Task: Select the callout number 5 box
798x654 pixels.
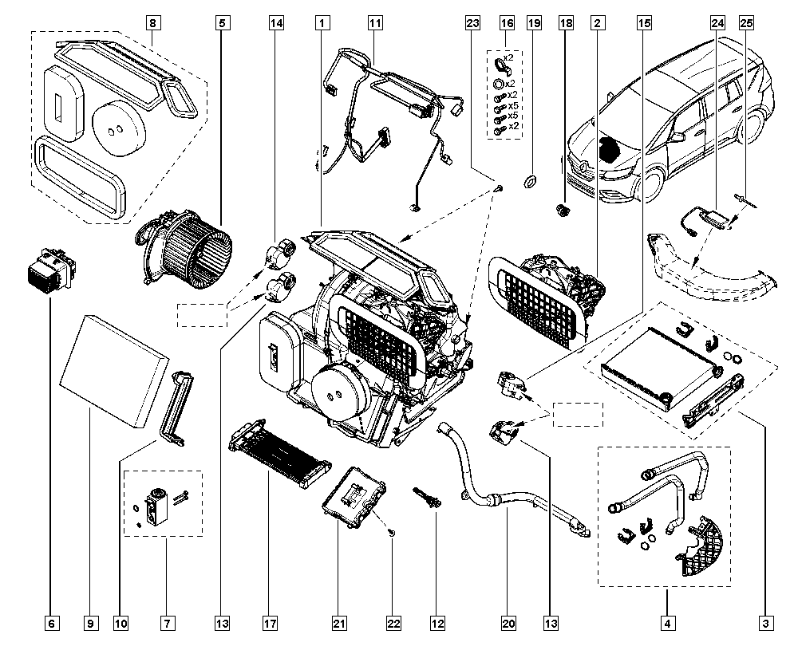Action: point(220,23)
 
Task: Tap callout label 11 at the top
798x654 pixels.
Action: point(374,23)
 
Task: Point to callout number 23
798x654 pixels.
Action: point(472,23)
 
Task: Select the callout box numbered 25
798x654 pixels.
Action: point(746,23)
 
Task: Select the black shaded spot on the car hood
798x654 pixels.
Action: point(610,150)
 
